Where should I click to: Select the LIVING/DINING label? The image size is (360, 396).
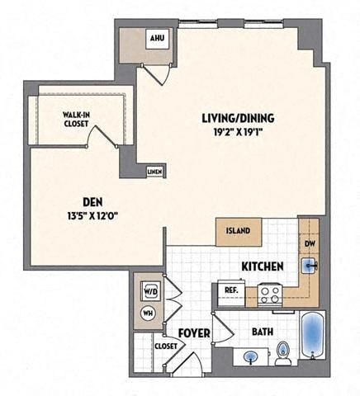238,118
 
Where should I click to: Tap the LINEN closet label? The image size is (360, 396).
154,172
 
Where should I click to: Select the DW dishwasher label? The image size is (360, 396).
308,244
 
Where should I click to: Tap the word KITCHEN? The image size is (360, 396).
263,266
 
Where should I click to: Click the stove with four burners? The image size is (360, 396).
270,292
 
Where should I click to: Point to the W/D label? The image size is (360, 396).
149,291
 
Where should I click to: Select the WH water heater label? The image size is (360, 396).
148,313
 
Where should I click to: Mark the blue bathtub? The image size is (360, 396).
314,338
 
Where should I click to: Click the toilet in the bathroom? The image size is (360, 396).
283,353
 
